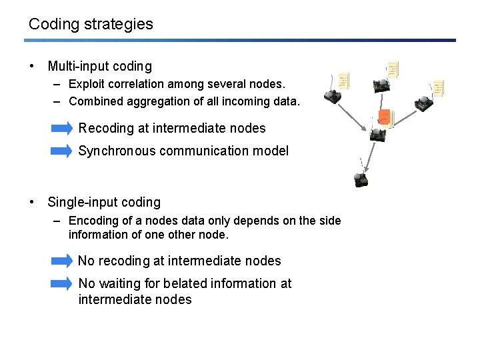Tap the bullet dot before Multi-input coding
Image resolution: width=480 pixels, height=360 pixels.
[x=31, y=66]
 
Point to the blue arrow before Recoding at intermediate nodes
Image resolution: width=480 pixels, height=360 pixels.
[x=62, y=128]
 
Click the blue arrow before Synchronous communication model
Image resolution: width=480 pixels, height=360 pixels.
[x=62, y=151]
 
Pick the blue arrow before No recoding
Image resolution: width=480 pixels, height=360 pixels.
[x=62, y=261]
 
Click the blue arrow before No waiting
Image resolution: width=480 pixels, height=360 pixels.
[x=62, y=283]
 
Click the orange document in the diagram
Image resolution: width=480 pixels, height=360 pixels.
[x=383, y=117]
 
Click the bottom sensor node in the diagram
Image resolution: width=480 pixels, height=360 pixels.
[x=361, y=178]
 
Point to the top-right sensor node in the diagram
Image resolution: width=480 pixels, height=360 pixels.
[x=423, y=102]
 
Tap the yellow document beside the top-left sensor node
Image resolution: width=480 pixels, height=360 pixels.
[x=344, y=81]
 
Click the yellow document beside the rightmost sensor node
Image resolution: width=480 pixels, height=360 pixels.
[x=438, y=87]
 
